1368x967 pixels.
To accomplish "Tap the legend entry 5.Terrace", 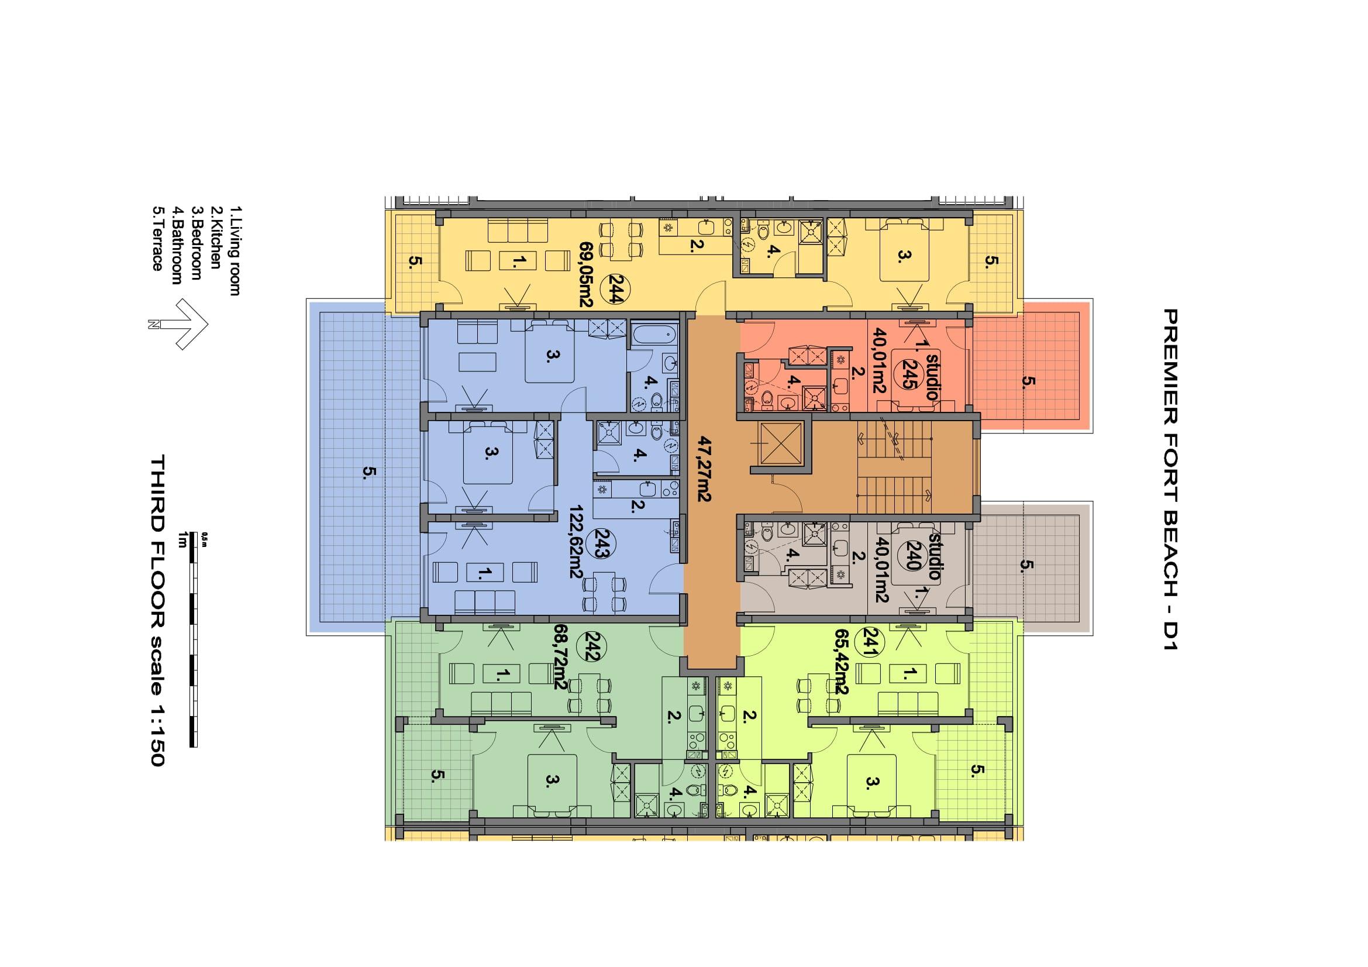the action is point(157,238).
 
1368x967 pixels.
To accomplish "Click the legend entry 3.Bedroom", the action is point(196,243).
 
